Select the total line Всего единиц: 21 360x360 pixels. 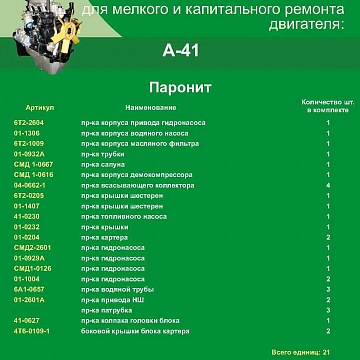click(x=298, y=352)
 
